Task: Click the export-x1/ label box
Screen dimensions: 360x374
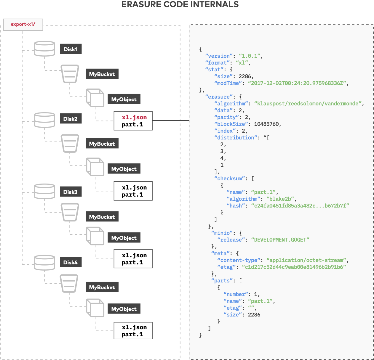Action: coord(23,24)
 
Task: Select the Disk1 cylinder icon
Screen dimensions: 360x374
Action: coord(44,49)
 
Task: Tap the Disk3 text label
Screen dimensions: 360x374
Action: coord(70,192)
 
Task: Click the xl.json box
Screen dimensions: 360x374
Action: coord(133,120)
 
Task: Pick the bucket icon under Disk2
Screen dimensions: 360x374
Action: coord(70,144)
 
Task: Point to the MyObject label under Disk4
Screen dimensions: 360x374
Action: coord(124,309)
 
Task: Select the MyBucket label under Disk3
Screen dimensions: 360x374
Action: coord(102,217)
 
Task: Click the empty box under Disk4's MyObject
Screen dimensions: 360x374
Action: coord(133,330)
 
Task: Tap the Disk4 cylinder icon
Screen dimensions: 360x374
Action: coord(44,263)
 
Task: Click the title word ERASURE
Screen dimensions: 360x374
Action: coord(141,4)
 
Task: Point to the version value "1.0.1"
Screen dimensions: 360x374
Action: coord(250,56)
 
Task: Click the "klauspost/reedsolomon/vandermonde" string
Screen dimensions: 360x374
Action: coord(308,104)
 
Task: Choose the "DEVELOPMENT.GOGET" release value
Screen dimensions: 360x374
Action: coord(280,240)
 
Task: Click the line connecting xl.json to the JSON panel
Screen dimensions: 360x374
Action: coord(171,120)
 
